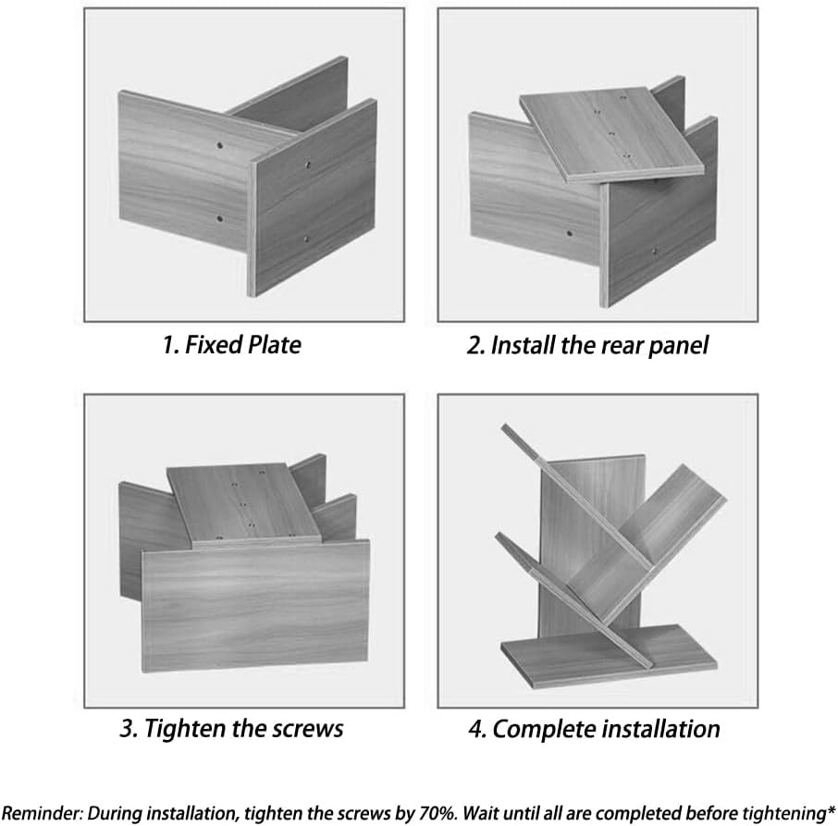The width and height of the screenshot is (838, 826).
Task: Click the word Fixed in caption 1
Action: (208, 345)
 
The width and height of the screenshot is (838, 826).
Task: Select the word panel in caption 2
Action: (678, 346)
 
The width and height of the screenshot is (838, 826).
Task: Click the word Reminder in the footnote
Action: (42, 813)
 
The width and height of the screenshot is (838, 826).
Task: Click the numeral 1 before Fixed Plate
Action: (169, 345)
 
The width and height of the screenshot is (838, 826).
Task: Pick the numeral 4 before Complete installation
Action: (476, 729)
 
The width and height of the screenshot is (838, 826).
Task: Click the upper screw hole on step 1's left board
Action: (219, 145)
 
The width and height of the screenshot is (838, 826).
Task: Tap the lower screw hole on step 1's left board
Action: (218, 218)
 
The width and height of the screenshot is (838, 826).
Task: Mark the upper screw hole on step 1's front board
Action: (308, 165)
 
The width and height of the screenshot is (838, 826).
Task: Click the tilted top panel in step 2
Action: (612, 133)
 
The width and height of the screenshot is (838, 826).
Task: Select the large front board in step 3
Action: (255, 605)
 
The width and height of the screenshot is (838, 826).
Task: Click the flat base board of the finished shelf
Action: (609, 657)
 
